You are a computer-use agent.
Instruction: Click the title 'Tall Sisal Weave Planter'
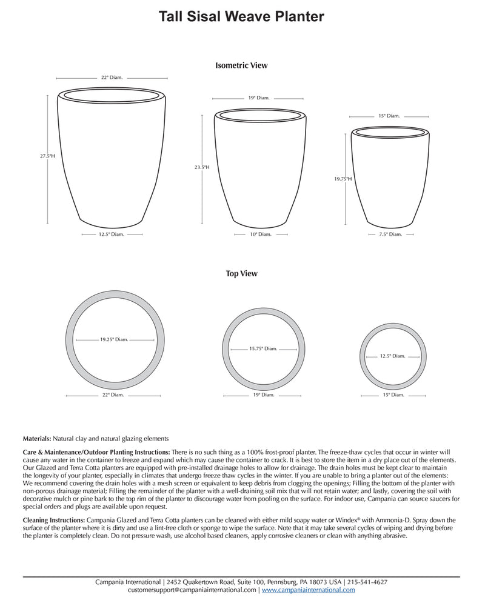coord(241,16)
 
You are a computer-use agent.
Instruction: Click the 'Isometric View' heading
coord(241,65)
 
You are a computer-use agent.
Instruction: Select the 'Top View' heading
coord(241,273)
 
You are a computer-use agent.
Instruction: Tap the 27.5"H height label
coord(47,156)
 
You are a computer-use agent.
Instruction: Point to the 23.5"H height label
coord(202,167)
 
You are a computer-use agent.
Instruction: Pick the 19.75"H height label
coord(343,179)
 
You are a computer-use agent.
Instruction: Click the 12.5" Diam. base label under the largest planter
coord(111,234)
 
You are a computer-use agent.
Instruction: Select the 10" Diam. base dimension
coord(261,234)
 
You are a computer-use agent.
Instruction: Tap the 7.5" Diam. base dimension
coord(390,234)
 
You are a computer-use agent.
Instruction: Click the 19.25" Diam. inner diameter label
coord(114,339)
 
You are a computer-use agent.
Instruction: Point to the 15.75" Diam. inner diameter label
coord(263,348)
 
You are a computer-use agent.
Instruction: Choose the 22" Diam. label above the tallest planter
coord(112,78)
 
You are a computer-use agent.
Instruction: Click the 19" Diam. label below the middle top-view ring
coord(263,395)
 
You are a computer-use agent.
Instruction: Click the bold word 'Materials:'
coord(37,438)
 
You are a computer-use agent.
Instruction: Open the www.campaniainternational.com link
coord(309,589)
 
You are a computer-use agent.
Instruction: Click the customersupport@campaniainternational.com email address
coord(192,589)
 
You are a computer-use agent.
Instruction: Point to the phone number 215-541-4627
coord(368,582)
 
